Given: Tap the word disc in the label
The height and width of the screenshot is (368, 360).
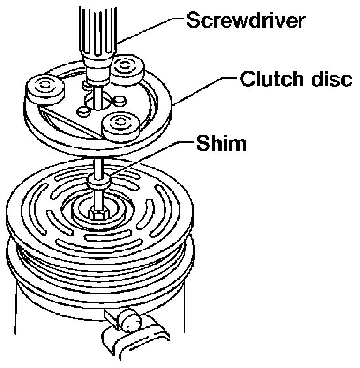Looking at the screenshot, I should tap(330, 80).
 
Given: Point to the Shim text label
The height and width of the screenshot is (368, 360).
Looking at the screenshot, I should tap(220, 143).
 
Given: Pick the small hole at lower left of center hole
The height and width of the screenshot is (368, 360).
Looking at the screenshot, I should tap(85, 110).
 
